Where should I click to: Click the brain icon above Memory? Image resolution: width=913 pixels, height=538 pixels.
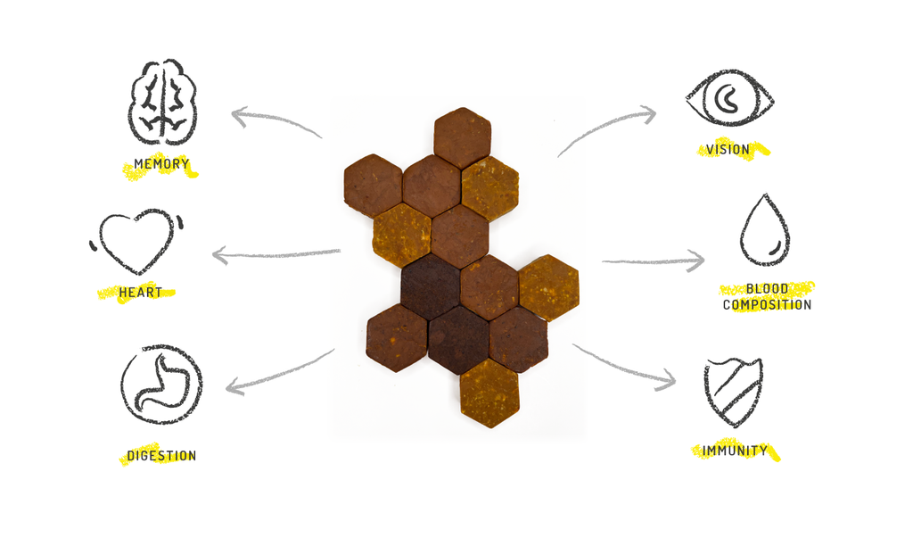pos(162,103)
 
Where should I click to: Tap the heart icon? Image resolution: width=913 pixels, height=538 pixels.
pos(136,241)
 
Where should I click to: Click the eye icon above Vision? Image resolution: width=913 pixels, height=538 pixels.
pos(729,99)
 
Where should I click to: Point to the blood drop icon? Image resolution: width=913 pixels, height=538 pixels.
pos(764,231)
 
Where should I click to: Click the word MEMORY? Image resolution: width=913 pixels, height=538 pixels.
pos(161,164)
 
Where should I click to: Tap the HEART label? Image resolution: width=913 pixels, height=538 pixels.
pos(140,293)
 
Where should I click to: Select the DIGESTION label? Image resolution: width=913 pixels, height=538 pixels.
pos(161,456)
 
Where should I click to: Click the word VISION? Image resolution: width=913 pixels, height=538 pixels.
pos(728,150)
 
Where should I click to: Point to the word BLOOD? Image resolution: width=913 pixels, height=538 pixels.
pos(767,290)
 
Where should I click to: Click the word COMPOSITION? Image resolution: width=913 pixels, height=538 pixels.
pos(767,305)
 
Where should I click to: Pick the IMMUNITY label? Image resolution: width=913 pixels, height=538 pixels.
pos(735,451)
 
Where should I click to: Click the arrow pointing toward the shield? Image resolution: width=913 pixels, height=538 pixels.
pos(624,366)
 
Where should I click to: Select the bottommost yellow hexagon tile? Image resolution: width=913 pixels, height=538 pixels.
pos(489,393)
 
